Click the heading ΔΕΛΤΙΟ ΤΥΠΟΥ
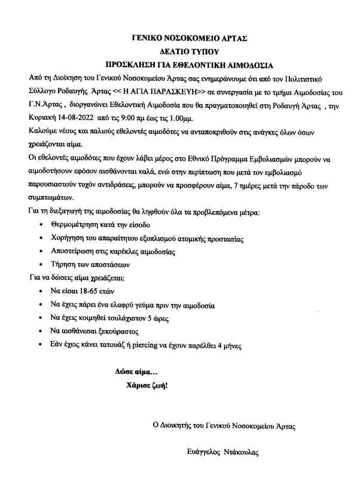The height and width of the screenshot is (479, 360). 181,51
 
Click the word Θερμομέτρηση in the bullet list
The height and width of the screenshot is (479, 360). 77,224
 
